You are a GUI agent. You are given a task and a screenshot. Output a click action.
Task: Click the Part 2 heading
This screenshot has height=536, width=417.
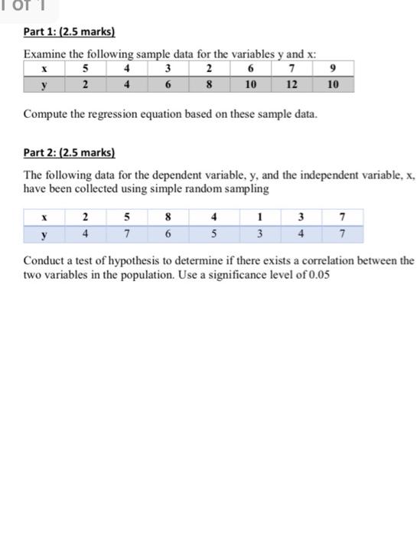pos(69,153)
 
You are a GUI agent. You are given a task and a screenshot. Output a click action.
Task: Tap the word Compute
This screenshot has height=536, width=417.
pos(47,114)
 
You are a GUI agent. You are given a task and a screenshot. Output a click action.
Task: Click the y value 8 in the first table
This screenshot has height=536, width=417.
pos(209,84)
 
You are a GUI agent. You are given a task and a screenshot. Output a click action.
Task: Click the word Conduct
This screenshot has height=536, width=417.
pos(47,260)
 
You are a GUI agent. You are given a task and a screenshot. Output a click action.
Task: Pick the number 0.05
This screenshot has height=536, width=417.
pos(316,274)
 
